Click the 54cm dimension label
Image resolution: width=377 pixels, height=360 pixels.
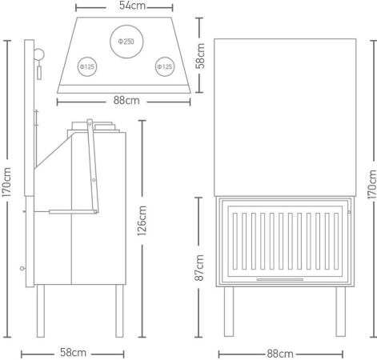[x=132, y=6]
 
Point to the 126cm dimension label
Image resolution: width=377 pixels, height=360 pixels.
[x=142, y=221]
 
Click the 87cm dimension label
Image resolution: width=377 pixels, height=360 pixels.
[x=199, y=267]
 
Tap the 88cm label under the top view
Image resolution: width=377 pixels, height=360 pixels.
[x=126, y=101]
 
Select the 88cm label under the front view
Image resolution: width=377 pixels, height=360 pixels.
[x=280, y=354]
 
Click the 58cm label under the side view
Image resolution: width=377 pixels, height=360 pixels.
[x=73, y=353]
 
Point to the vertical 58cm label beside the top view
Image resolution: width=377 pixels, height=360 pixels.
[x=200, y=56]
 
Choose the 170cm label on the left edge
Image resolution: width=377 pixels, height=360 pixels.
[x=6, y=182]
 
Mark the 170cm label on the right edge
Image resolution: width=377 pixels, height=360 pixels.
[x=372, y=185]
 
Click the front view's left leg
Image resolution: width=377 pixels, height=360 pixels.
[x=229, y=311]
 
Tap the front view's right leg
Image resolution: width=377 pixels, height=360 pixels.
[x=341, y=311]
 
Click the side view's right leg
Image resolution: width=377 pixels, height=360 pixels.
[x=119, y=311]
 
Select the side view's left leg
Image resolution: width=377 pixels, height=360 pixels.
[x=41, y=311]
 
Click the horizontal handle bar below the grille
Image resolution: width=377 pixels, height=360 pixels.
[x=280, y=279]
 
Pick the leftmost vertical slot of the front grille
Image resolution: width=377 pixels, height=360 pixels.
[x=235, y=241]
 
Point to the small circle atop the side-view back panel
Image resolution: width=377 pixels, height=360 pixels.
[x=39, y=54]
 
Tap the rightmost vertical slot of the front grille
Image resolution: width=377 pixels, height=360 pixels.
[x=336, y=241]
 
